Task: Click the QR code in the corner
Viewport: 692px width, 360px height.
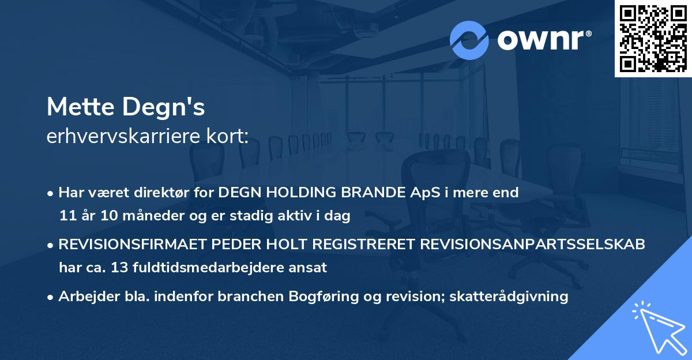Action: (653, 38)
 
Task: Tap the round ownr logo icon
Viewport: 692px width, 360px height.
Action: (469, 40)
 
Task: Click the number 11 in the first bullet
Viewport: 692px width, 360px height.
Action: (67, 216)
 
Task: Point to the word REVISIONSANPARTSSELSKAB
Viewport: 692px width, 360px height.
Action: (532, 244)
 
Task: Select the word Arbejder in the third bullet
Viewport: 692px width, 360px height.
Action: (83, 296)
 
